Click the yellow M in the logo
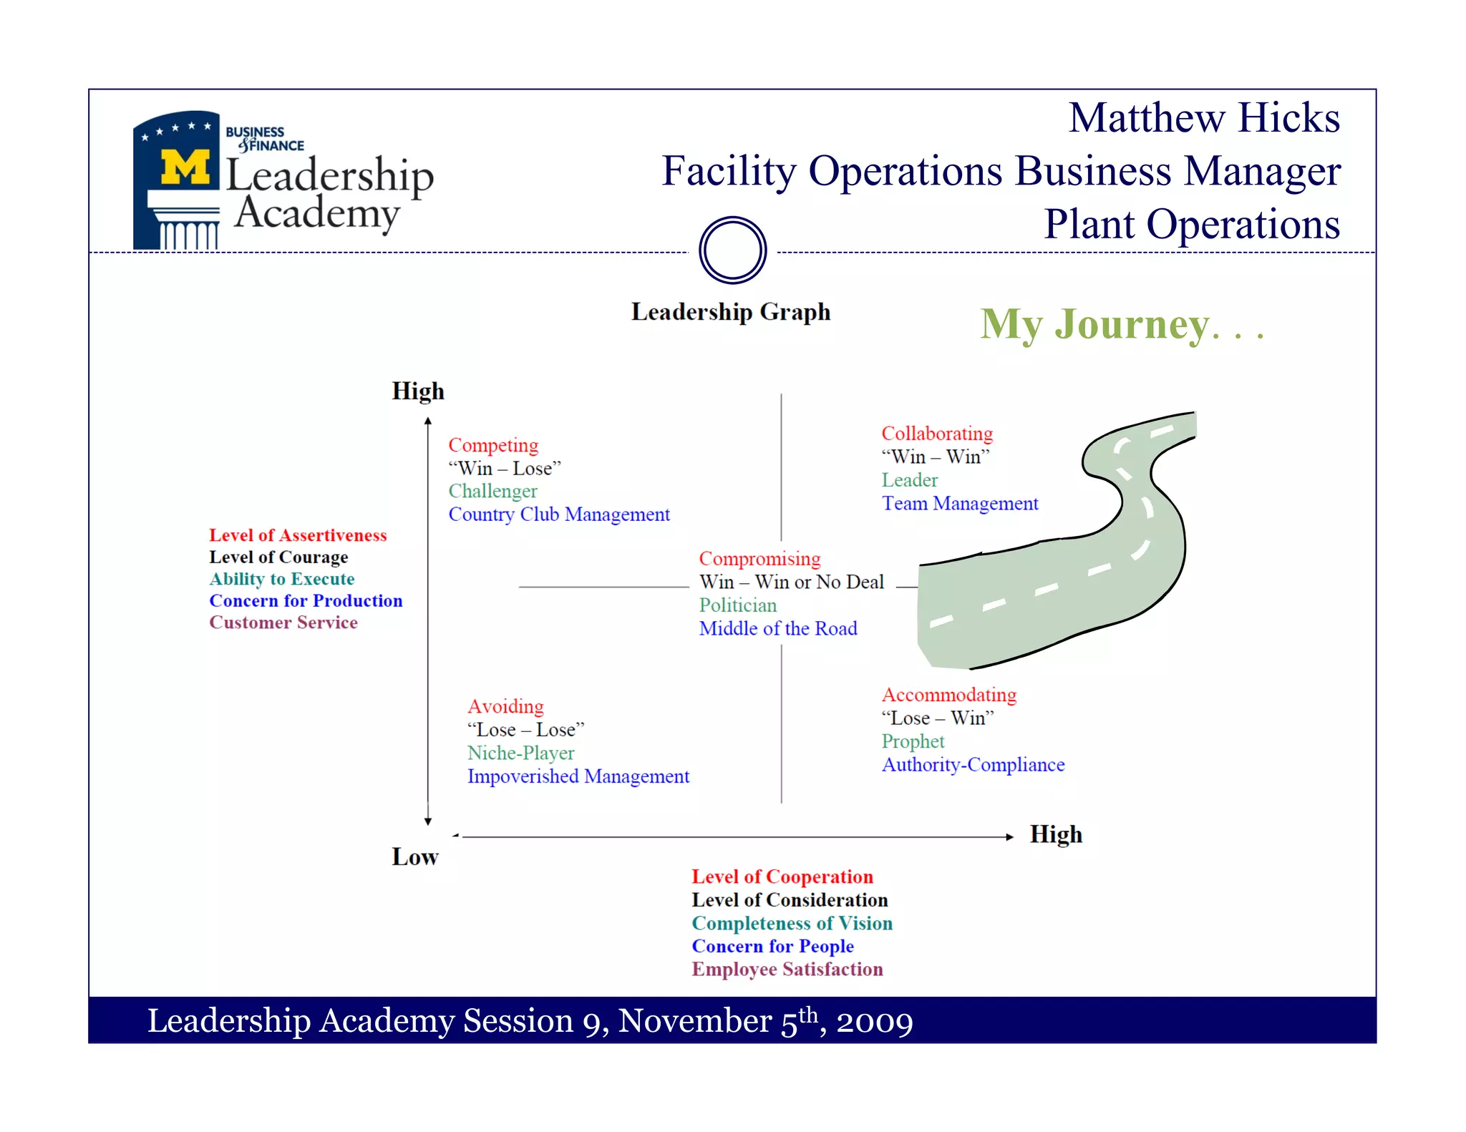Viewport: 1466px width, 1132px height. (x=185, y=167)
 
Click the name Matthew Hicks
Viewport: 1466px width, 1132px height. (x=1204, y=118)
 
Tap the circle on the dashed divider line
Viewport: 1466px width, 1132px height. (x=732, y=250)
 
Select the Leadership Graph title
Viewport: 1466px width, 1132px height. (x=731, y=312)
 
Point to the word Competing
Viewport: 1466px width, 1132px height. (x=493, y=445)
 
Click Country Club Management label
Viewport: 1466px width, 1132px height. (x=559, y=514)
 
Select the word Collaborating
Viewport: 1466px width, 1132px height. (x=937, y=434)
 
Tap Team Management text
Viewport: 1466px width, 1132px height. (x=960, y=504)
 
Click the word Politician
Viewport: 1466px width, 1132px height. (x=738, y=605)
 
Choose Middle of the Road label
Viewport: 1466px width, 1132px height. (x=778, y=628)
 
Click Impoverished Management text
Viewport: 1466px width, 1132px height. (x=578, y=776)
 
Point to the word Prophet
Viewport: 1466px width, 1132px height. (x=913, y=741)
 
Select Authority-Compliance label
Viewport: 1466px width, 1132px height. (x=973, y=765)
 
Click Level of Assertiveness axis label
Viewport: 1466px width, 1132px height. (x=298, y=535)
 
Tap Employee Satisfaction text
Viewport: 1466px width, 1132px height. (x=787, y=970)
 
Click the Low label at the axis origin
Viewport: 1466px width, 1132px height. (x=415, y=857)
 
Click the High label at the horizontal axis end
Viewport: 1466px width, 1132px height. (x=1056, y=834)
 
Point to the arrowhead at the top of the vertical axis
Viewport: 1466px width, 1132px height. (x=428, y=421)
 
